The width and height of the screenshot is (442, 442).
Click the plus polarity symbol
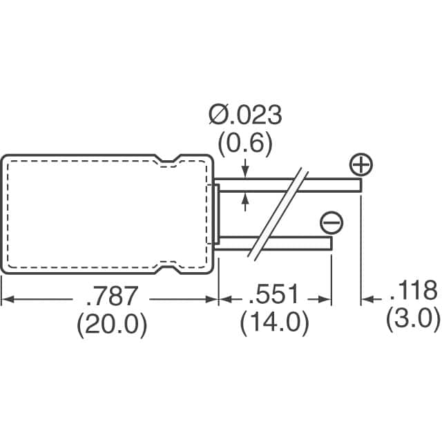pyautogui.click(x=361, y=166)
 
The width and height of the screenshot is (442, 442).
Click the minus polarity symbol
pyautogui.click(x=331, y=222)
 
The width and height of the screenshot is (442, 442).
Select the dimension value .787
pyautogui.click(x=112, y=295)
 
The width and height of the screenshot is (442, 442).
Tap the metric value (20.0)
pyautogui.click(x=112, y=324)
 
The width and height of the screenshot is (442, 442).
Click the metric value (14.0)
pyautogui.click(x=274, y=324)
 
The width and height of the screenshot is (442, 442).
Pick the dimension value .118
pyautogui.click(x=414, y=291)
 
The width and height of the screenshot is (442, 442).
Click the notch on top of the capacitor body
pyautogui.click(x=168, y=162)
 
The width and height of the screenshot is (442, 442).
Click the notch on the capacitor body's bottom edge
pyautogui.click(x=168, y=265)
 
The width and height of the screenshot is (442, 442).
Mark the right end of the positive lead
pyautogui.click(x=360, y=184)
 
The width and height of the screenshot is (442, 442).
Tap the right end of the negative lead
pyautogui.click(x=329, y=244)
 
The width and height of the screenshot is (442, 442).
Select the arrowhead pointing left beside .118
pyautogui.click(x=367, y=300)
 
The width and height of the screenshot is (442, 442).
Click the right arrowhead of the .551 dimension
pyautogui.click(x=327, y=300)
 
